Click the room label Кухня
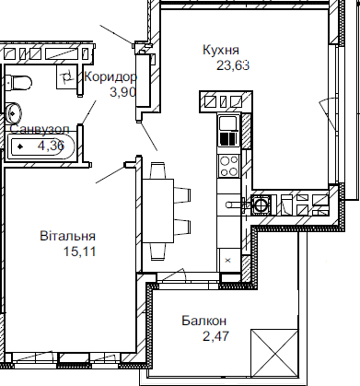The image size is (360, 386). pyautogui.click(x=221, y=50)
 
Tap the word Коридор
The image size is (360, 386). pyautogui.click(x=110, y=78)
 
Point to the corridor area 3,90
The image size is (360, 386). pyautogui.click(x=123, y=93)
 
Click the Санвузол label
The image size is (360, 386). pyautogui.click(x=37, y=130)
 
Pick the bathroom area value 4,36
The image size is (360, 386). pyautogui.click(x=50, y=145)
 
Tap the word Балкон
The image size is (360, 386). pyautogui.click(x=203, y=321)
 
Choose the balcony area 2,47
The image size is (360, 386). pyautogui.click(x=212, y=335)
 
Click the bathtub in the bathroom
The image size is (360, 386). pyautogui.click(x=41, y=146)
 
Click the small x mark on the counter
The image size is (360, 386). pyautogui.click(x=227, y=261)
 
